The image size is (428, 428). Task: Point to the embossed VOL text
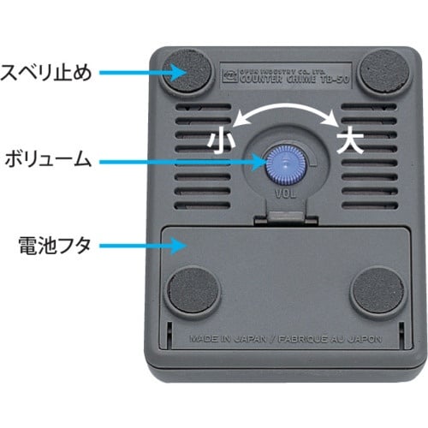pos(285,193)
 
